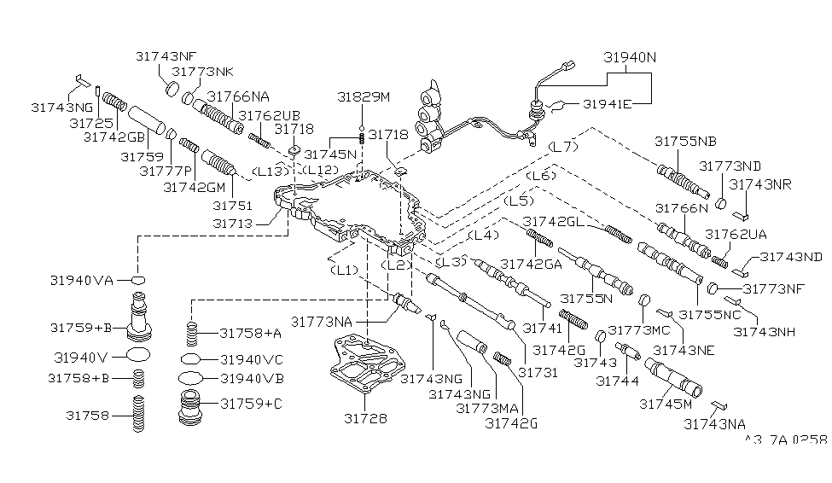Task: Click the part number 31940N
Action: [631, 58]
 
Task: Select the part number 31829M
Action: [363, 97]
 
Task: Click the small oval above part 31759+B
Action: [138, 280]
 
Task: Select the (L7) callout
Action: [563, 147]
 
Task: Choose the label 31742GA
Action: [531, 264]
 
